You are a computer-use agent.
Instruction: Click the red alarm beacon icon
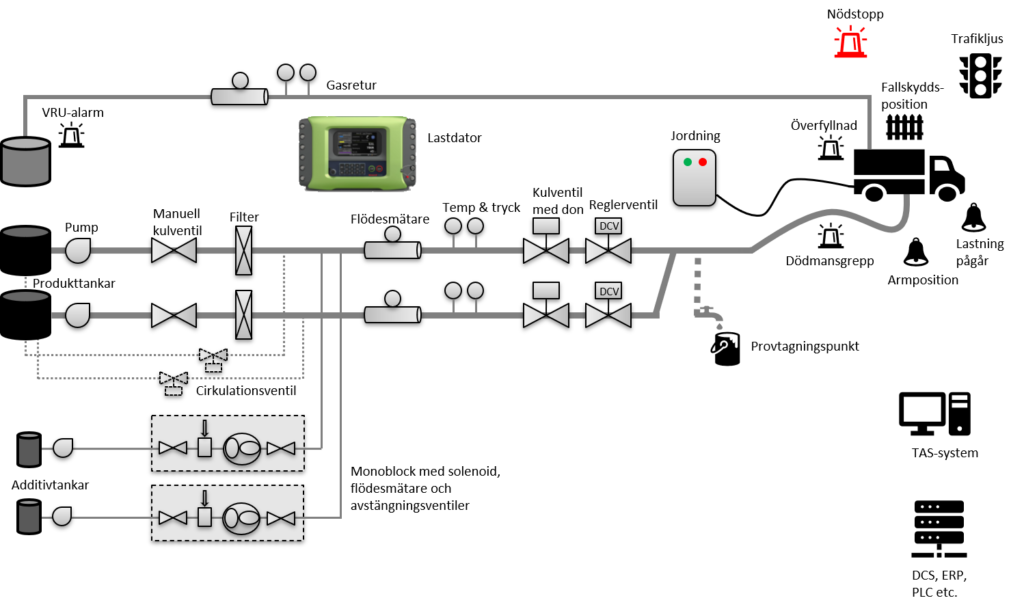pyautogui.click(x=850, y=42)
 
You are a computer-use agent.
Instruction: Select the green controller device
pyautogui.click(x=357, y=152)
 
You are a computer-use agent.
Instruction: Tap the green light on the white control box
pyautogui.click(x=687, y=162)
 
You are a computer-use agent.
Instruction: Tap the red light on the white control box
pyautogui.click(x=702, y=162)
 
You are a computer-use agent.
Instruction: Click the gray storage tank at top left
pyautogui.click(x=25, y=161)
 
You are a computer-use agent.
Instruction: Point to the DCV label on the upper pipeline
pyautogui.click(x=608, y=226)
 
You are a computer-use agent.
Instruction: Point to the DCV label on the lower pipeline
pyautogui.click(x=608, y=291)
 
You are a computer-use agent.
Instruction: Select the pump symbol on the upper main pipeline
pyautogui.click(x=77, y=250)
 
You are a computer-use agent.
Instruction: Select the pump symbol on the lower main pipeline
pyautogui.click(x=77, y=315)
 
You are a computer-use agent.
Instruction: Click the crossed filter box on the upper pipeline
pyautogui.click(x=243, y=250)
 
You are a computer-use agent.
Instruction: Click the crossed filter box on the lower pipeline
pyautogui.click(x=243, y=314)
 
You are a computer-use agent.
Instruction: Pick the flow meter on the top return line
pyautogui.click(x=239, y=96)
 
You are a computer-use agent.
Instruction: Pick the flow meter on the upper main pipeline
pyautogui.click(x=391, y=249)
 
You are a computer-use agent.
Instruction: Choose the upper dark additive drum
pyautogui.click(x=29, y=449)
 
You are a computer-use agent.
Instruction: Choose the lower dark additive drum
pyautogui.click(x=29, y=516)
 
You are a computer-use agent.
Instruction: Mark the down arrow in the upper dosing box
pyautogui.click(x=204, y=428)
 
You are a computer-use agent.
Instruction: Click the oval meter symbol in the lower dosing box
pyautogui.click(x=242, y=518)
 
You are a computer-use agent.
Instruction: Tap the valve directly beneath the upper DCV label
pyautogui.click(x=608, y=250)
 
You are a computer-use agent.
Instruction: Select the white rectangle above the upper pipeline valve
pyautogui.click(x=546, y=226)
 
